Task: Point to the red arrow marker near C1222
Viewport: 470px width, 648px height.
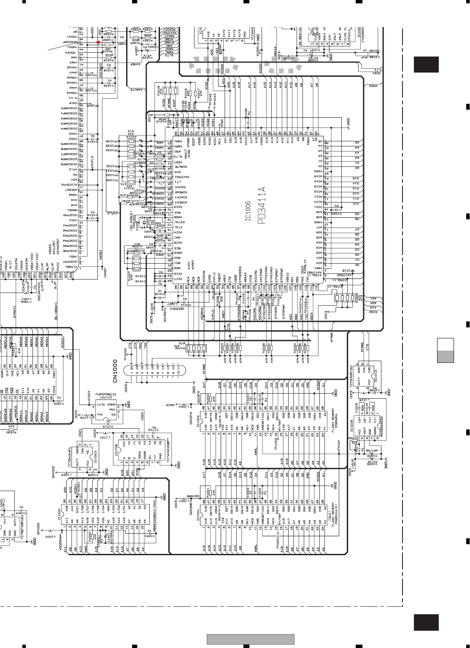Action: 98,42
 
